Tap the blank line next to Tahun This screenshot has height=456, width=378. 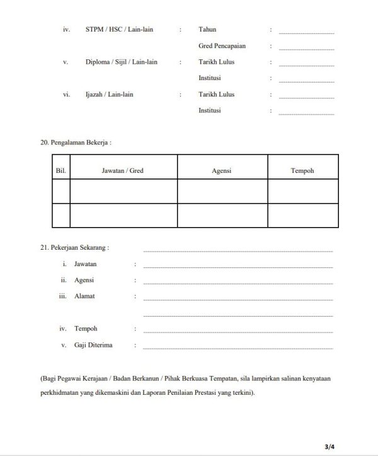306,32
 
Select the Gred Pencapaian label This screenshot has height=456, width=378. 221,46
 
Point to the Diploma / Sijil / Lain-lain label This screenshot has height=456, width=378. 121,62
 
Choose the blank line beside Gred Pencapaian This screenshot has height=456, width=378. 306,48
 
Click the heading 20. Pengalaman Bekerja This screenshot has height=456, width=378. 76,143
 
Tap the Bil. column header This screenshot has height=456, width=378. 61,171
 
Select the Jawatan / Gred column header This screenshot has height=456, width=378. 123,171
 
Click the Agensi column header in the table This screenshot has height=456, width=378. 222,171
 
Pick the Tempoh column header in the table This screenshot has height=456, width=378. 302,171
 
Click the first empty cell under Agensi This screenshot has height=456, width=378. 222,191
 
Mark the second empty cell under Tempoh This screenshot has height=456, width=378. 302,215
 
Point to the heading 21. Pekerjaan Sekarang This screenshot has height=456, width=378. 74,248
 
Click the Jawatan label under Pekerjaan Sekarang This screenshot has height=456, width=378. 85,264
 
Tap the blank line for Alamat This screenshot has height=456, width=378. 238,298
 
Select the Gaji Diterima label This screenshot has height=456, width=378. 94,345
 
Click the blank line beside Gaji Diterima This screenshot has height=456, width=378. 238,348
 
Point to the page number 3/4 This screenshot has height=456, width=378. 329,447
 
